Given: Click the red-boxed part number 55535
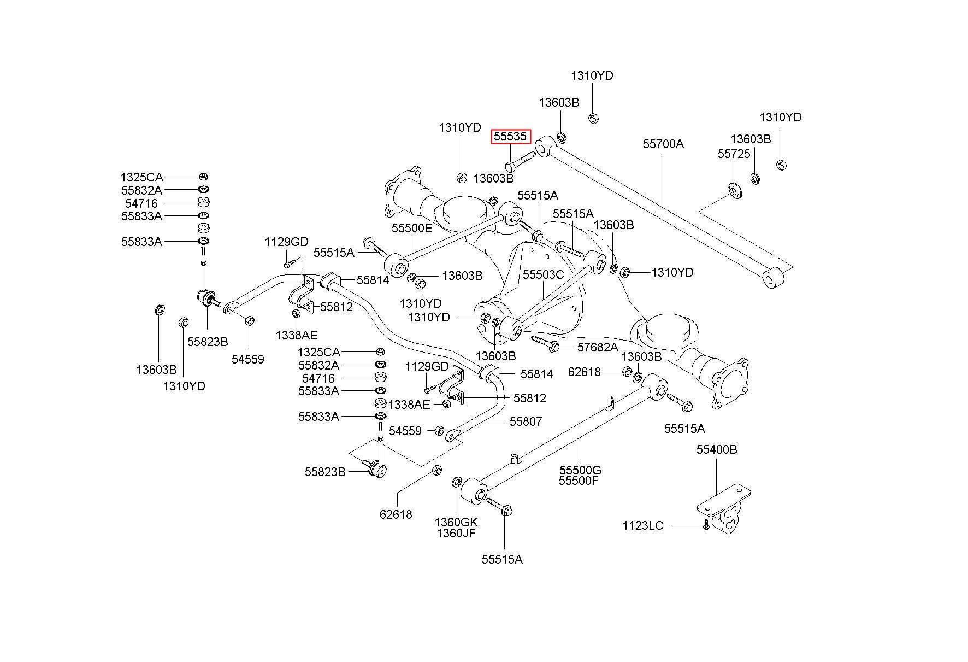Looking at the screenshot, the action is [511, 136].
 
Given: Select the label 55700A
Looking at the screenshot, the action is [663, 144].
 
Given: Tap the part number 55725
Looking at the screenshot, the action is [734, 154].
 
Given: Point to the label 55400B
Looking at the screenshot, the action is [716, 449].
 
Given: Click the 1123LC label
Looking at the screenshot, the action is [643, 525].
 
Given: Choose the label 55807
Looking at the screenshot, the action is [526, 421].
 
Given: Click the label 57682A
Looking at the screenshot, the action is [598, 347].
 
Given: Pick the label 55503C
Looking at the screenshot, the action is [543, 274].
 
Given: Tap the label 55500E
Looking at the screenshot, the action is [411, 228].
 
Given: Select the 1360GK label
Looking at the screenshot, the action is [456, 522].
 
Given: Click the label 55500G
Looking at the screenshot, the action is [580, 470].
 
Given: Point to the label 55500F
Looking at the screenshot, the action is [579, 481].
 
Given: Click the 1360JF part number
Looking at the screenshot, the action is [456, 533].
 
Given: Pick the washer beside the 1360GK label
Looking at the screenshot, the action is [457, 482].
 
